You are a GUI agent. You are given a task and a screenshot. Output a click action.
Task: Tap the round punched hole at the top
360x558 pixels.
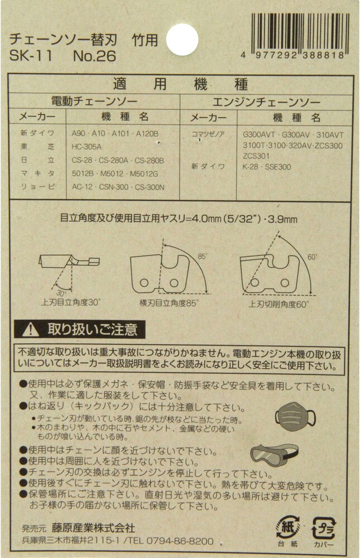[182, 40]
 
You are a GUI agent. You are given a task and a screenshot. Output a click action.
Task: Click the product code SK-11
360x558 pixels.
[31, 56]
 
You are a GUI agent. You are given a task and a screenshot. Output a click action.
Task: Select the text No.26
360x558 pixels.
[94, 56]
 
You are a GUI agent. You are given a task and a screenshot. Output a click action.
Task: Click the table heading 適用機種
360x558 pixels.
[180, 85]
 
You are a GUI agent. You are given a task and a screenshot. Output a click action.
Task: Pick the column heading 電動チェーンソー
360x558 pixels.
[94, 102]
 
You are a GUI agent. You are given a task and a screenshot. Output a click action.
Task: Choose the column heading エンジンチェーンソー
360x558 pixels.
[266, 103]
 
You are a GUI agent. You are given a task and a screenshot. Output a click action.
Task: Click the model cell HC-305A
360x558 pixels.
[87, 147]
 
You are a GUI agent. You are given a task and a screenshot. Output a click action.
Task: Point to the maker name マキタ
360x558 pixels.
[37, 174]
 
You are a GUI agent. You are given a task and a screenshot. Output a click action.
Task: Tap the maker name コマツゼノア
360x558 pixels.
[208, 134]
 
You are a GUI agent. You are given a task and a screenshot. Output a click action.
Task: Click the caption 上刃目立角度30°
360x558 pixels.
[71, 302]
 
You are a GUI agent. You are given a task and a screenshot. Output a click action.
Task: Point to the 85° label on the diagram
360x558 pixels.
[202, 256]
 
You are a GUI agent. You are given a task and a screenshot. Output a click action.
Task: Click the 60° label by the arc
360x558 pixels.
[312, 257]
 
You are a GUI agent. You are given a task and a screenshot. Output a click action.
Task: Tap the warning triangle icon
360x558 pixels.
[30, 330]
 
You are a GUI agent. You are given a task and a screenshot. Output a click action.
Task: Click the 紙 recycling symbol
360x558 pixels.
[287, 528]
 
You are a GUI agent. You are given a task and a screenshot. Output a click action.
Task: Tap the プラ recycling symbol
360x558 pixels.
[324, 528]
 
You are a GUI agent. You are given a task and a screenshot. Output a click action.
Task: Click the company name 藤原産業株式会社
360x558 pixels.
[93, 527]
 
